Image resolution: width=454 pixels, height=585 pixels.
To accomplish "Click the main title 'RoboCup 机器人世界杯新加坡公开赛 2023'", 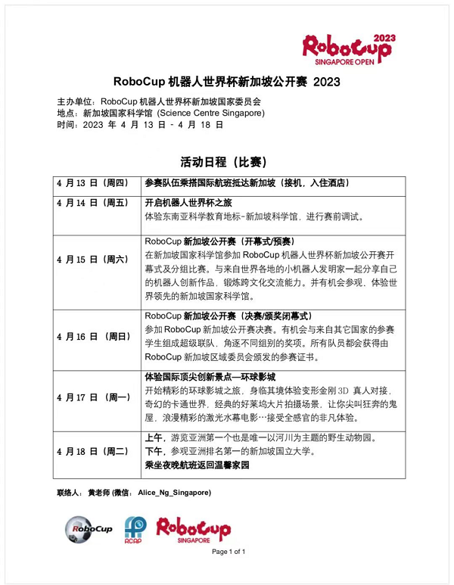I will point(226,82).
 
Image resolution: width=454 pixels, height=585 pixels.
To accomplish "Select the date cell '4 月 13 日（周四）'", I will point(94,183).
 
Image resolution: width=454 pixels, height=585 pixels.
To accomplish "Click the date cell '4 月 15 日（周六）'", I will point(94,260).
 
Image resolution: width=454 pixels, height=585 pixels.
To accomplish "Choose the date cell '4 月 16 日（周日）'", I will point(94,335).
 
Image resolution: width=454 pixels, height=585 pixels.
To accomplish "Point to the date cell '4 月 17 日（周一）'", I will point(94,397).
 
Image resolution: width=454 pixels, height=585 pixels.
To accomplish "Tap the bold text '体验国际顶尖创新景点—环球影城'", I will point(210,376).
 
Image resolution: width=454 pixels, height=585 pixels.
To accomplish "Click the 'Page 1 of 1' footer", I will point(229,552).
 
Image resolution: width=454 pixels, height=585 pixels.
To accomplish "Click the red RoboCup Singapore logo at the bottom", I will point(193,531).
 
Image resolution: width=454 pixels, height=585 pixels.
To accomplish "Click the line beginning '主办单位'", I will point(159,101).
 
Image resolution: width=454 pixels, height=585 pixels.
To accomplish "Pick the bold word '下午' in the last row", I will point(154,452).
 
